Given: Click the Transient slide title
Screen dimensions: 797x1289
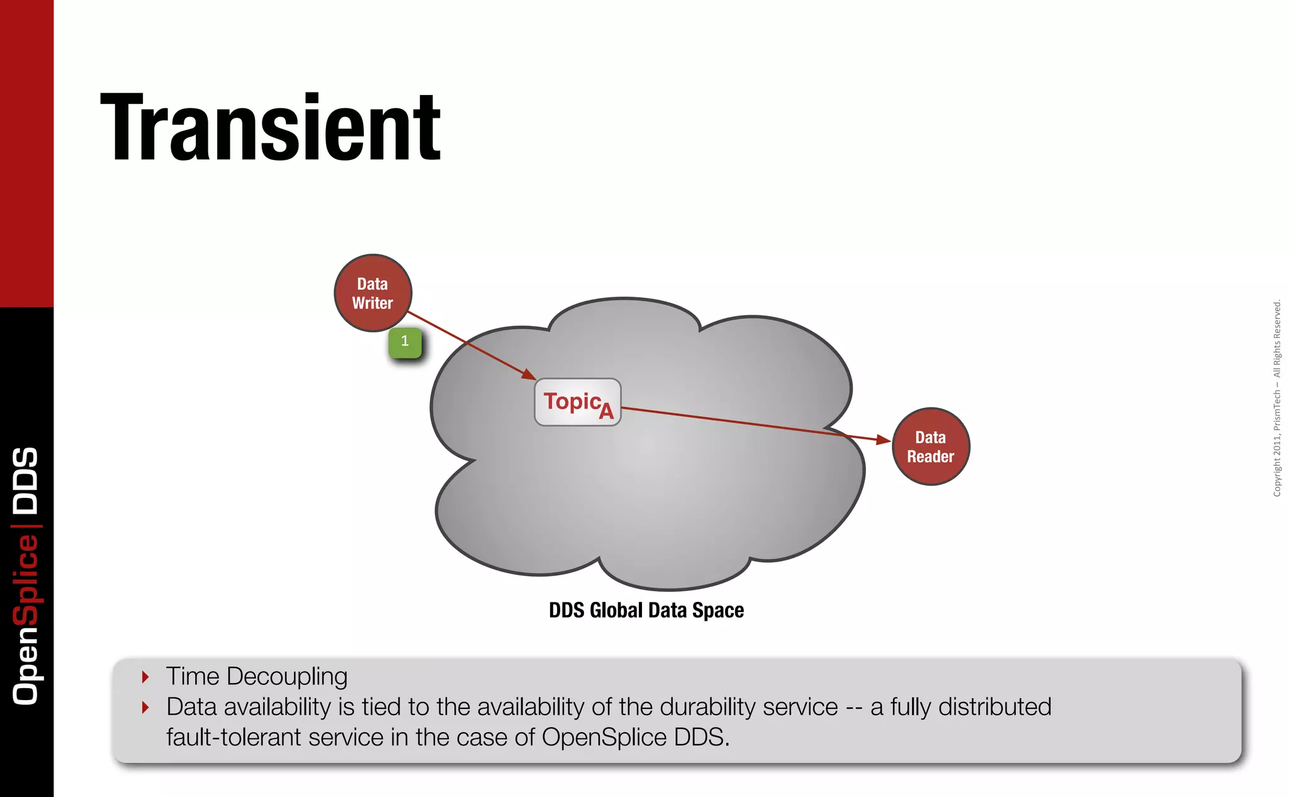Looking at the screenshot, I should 271,128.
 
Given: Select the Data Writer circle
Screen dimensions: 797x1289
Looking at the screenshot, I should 373,293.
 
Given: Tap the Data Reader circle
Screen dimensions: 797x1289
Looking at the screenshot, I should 931,447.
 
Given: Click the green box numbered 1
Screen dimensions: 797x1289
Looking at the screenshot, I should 405,342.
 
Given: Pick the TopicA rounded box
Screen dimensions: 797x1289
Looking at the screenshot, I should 577,402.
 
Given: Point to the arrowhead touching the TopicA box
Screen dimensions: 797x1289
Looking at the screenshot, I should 529,375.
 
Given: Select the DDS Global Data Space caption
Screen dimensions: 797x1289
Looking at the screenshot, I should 646,610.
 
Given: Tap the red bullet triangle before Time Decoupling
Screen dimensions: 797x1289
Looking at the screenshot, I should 145,677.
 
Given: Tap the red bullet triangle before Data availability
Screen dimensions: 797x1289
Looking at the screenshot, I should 145,708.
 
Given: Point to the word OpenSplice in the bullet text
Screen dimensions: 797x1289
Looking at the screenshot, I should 604,737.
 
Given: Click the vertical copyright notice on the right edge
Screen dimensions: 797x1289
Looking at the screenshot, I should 1276,398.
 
